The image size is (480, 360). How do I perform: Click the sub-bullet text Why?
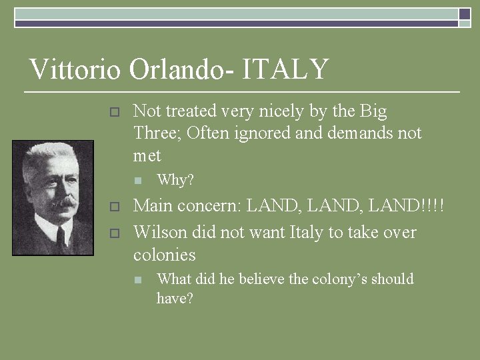tap(175, 180)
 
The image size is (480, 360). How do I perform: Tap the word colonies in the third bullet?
tap(164, 255)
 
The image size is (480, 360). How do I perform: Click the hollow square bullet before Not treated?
tap(114, 112)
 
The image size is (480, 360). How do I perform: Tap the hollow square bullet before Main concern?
tap(114, 207)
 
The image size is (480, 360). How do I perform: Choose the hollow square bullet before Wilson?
tap(114, 233)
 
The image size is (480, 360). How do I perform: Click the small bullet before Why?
tap(138, 181)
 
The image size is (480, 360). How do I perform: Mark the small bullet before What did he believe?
tap(138, 280)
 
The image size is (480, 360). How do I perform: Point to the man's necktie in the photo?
tap(60, 237)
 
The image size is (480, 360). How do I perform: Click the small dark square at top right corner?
tap(464, 14)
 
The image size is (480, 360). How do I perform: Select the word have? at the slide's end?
tap(175, 299)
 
